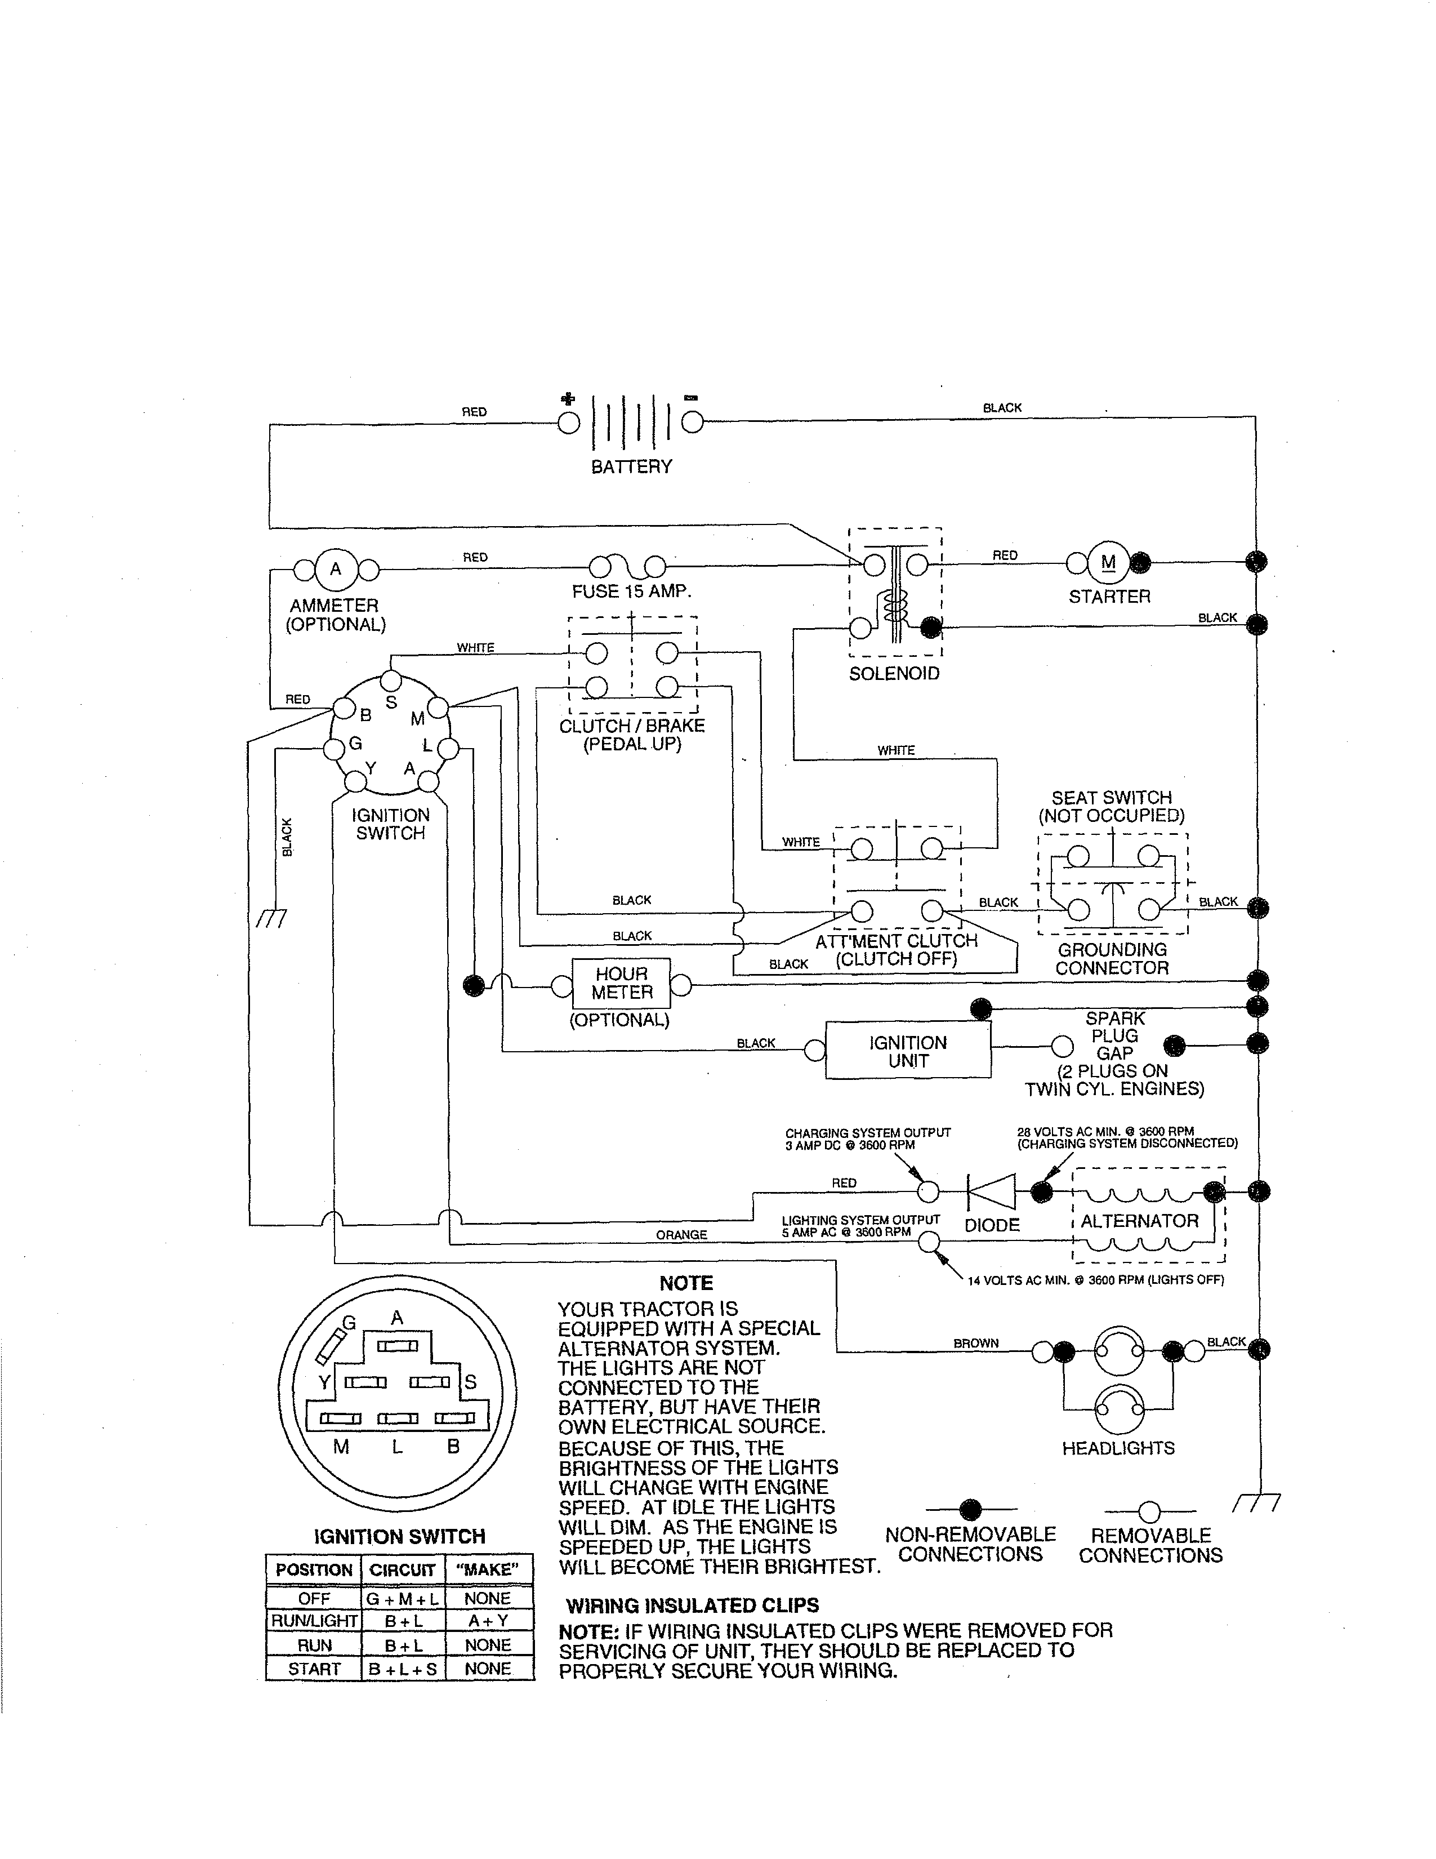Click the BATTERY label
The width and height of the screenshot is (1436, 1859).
point(631,466)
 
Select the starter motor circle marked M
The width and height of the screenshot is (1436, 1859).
point(1108,562)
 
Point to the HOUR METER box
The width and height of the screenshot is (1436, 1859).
point(621,984)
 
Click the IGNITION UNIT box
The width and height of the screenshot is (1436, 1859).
point(908,1051)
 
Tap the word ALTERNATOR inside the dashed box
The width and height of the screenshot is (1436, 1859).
point(1139,1221)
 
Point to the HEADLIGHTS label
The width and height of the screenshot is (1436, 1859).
point(1118,1448)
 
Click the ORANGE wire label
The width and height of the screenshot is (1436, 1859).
point(681,1234)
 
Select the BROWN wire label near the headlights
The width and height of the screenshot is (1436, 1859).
point(976,1343)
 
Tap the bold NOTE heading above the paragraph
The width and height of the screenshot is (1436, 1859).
point(686,1284)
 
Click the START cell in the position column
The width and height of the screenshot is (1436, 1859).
point(314,1669)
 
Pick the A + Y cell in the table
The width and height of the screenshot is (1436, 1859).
point(488,1621)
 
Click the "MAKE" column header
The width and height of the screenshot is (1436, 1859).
point(488,1569)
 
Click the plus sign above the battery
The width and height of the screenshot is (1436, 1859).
point(568,398)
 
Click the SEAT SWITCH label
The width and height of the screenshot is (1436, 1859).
point(1111,798)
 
